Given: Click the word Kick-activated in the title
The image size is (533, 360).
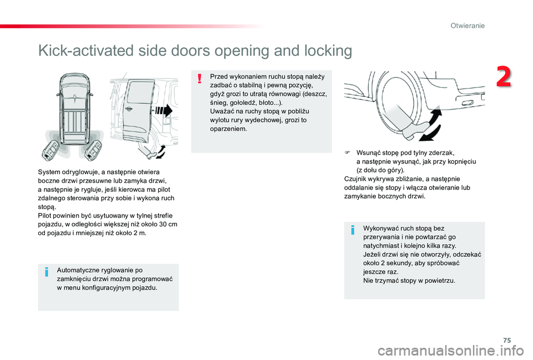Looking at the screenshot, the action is click(x=87, y=50).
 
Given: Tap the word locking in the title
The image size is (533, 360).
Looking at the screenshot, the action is click(x=328, y=50).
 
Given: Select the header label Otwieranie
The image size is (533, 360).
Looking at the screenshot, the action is click(x=467, y=26).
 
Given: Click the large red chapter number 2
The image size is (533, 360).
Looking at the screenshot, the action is click(x=504, y=77).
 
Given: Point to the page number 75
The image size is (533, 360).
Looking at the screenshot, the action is click(x=507, y=340).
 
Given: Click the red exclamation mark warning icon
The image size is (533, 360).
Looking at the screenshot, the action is click(x=199, y=79).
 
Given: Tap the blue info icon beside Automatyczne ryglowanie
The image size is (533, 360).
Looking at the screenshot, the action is click(x=47, y=272).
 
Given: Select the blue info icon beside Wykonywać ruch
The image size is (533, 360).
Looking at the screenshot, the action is click(x=353, y=230).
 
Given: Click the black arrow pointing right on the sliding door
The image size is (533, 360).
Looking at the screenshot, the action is click(x=164, y=111).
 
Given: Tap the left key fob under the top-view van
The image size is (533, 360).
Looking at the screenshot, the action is click(x=51, y=149).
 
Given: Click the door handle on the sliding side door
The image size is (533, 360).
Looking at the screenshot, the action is click(x=129, y=109).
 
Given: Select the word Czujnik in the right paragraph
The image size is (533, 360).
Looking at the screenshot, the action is click(x=355, y=179).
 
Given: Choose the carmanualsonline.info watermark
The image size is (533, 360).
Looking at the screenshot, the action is click(x=451, y=351).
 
